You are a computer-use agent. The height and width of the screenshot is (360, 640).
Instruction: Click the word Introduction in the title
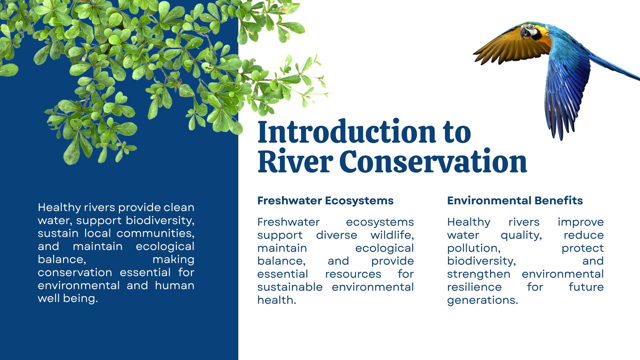346,132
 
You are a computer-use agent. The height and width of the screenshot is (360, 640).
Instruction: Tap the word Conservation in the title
433,162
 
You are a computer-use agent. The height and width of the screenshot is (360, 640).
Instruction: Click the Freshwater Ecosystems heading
326,200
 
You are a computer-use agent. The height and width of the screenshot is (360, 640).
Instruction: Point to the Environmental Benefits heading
515,200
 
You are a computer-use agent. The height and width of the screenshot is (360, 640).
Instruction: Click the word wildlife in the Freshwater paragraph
392,235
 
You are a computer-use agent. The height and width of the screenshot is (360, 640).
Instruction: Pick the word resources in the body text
353,274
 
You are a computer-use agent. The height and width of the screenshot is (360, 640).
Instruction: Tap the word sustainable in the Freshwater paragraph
290,287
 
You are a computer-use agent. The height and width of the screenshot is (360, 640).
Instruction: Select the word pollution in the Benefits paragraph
474,248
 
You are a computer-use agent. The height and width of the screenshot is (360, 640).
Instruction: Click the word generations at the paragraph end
482,300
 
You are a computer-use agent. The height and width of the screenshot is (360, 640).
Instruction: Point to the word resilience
474,287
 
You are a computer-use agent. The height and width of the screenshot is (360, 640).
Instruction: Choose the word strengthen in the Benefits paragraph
478,274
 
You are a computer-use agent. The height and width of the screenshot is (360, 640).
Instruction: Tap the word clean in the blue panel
179,208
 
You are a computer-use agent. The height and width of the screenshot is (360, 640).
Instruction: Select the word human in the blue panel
174,286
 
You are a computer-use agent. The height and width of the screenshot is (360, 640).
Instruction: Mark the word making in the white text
174,260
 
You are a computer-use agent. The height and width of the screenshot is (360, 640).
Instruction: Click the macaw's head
530,31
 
